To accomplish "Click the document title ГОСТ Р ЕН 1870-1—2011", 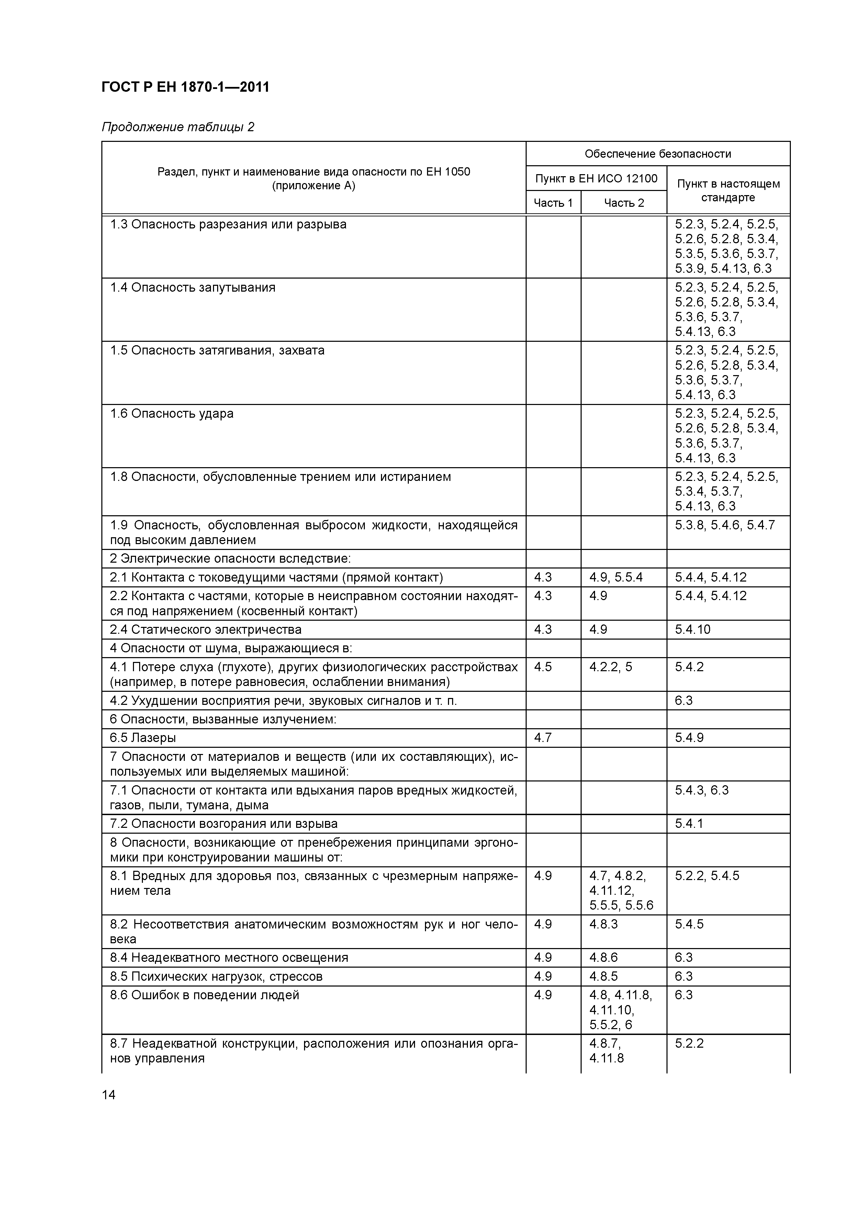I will tap(185, 87).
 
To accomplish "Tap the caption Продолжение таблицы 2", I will tap(178, 127).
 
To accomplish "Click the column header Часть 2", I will tap(623, 203).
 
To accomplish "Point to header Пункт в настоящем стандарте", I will tap(728, 191).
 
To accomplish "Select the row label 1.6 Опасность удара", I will tap(172, 414).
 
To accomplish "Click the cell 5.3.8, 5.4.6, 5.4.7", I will tap(725, 525).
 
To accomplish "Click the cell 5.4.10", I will tap(692, 629).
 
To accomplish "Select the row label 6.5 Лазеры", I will tap(143, 737).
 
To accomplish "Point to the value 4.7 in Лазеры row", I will tap(543, 737).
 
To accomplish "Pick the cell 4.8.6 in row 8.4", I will tap(603, 957).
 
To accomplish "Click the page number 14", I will tap(109, 1095).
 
